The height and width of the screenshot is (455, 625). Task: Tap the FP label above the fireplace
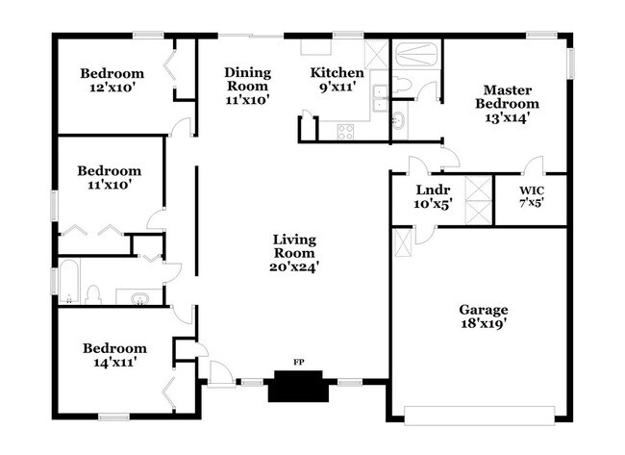298,363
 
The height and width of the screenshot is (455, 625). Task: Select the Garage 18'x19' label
483,316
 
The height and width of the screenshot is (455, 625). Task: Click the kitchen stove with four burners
345,131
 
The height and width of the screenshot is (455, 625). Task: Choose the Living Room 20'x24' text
294,253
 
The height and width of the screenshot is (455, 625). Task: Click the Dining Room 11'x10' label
247,85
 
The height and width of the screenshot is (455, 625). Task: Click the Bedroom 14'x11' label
114,355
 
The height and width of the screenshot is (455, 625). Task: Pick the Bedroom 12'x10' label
112,80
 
